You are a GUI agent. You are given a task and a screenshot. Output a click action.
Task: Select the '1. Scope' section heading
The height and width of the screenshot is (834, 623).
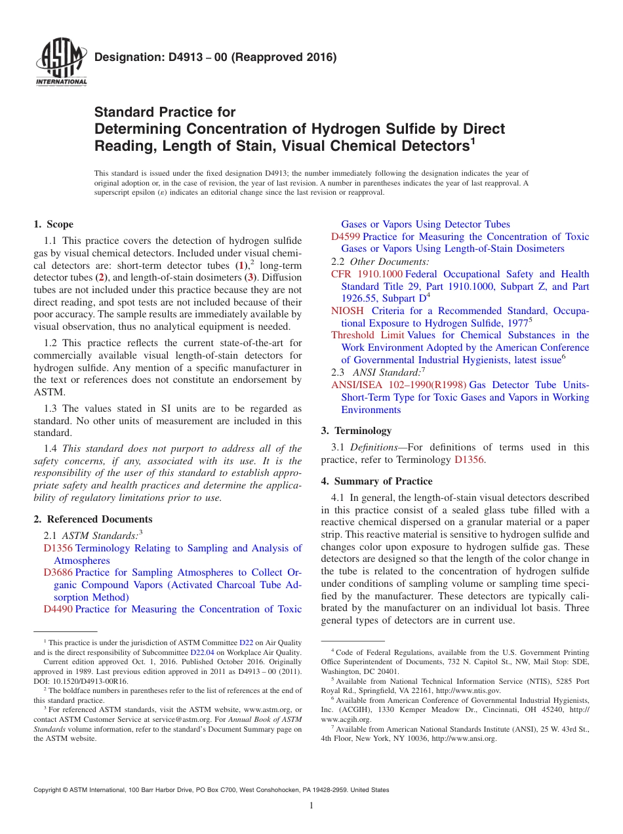click(x=53, y=224)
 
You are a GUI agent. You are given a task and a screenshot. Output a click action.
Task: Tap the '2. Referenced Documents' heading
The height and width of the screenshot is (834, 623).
click(x=92, y=519)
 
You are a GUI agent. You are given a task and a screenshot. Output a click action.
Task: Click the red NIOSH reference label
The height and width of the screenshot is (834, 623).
click(x=347, y=311)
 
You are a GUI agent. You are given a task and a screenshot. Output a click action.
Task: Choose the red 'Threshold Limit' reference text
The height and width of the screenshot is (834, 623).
click(x=367, y=335)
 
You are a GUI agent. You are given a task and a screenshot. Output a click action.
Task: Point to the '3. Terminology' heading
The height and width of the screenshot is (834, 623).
click(x=356, y=431)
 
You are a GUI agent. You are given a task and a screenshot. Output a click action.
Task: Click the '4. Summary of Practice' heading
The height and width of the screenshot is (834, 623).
click(x=376, y=481)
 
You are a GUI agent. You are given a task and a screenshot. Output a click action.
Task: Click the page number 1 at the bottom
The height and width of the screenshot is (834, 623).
click(x=311, y=806)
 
